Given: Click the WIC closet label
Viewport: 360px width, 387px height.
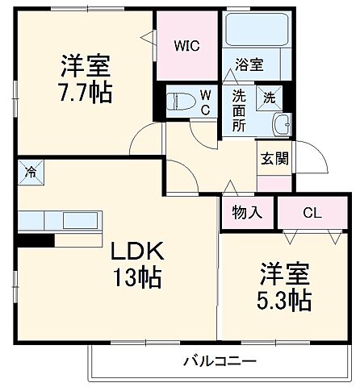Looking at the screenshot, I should click(x=187, y=45).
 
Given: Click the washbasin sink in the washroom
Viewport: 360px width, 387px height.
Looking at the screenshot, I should click(x=283, y=125).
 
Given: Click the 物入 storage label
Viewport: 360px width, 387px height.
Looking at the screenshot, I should click(x=248, y=213).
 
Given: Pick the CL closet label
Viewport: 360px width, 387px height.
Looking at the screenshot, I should click(x=311, y=213).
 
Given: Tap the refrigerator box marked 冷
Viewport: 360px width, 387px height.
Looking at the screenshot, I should click(x=31, y=171).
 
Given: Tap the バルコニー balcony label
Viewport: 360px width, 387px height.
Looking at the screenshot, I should click(x=219, y=360).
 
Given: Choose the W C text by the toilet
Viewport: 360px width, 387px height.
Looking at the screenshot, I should click(x=206, y=102).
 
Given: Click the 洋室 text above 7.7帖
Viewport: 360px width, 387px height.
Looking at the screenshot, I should click(x=84, y=62).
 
